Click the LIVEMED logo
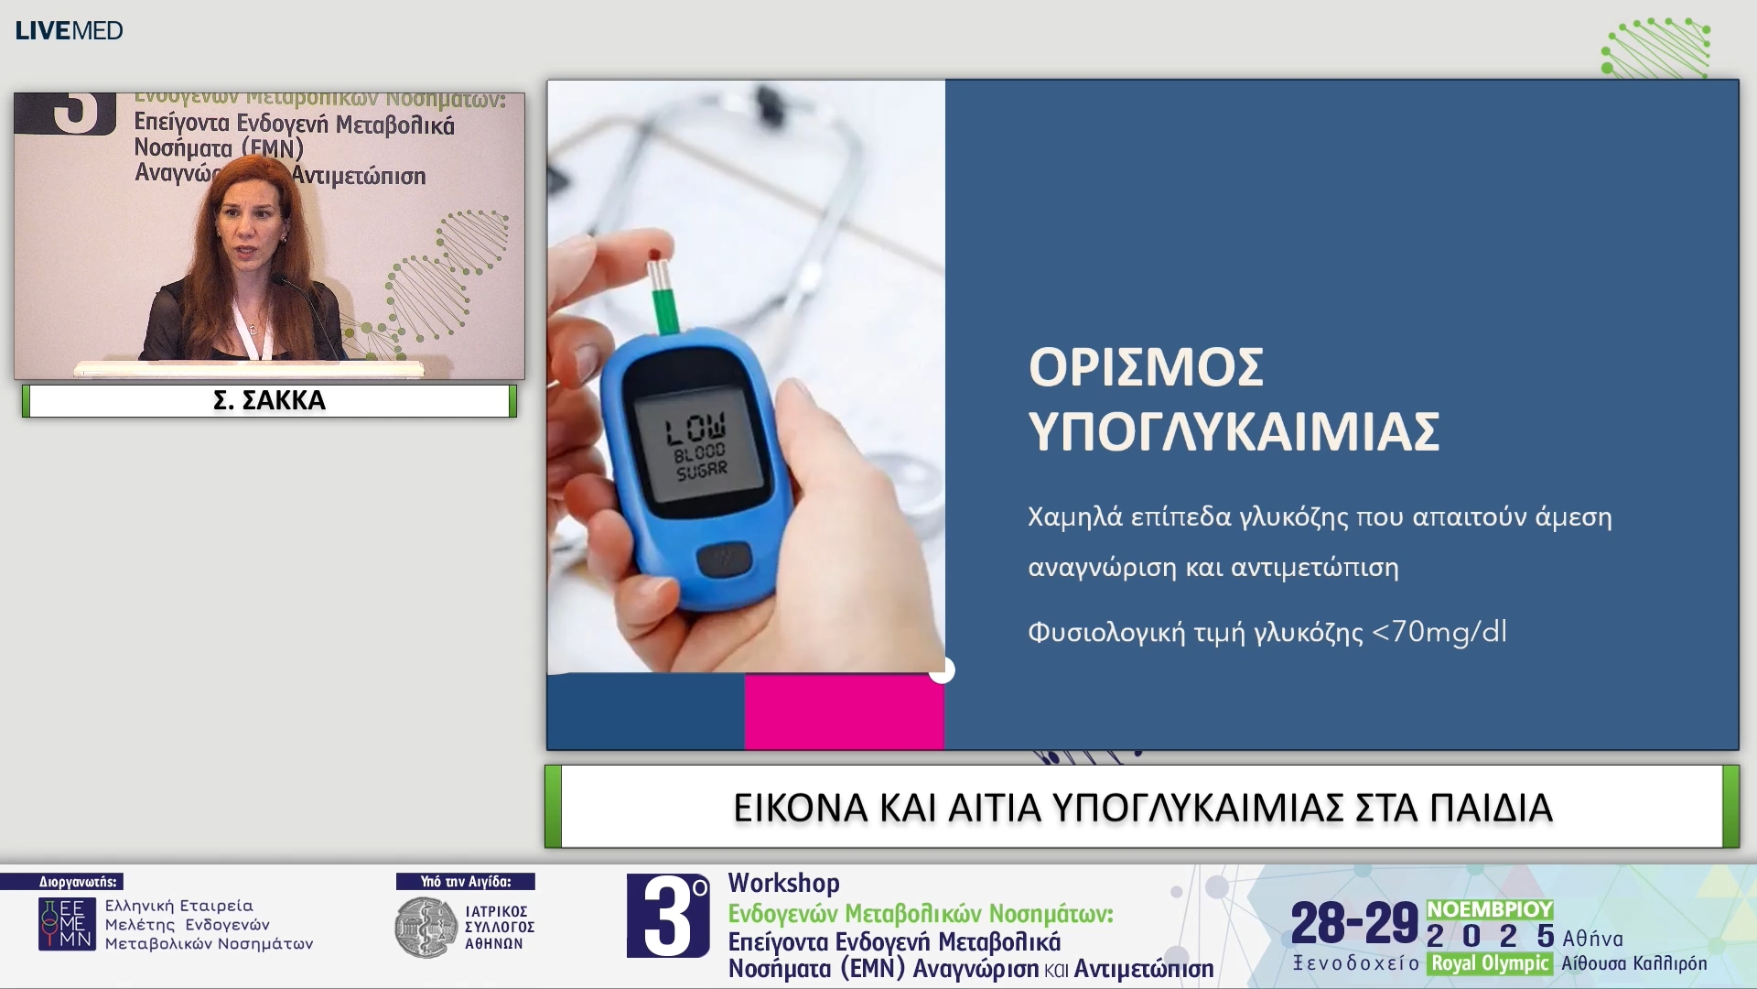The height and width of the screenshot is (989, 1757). pos(69,30)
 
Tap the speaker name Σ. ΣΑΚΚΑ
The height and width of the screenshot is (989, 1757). pos(269,400)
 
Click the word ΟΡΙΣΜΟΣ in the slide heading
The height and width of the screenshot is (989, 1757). pos(1146,367)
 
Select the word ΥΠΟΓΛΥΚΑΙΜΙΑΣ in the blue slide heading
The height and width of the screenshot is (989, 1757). pos(1234,431)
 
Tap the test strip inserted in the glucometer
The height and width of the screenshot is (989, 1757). pos(663,291)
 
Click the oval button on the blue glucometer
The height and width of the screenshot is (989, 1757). pos(724,558)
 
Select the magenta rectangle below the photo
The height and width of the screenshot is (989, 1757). pos(843,712)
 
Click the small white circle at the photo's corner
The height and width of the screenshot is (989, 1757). pos(942,671)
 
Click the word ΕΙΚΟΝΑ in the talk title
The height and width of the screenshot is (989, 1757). pos(800,808)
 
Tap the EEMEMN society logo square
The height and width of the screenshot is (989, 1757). pos(67,923)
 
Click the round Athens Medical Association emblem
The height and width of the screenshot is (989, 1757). pos(426,927)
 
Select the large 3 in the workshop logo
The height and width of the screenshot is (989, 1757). pos(667,917)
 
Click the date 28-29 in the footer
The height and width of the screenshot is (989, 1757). pos(1353,923)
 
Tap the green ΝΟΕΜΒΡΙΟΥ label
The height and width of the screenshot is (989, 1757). pos(1489,908)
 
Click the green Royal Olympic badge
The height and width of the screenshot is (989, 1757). pos(1489,963)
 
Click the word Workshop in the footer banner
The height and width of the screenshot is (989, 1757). pos(783,883)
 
